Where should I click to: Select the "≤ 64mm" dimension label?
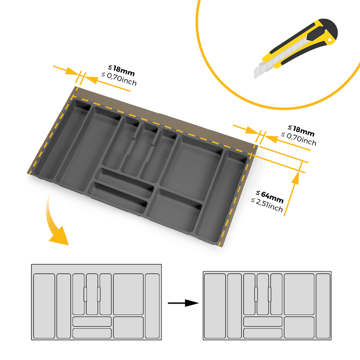pos(270,197)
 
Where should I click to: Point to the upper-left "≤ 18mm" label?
pos(121,70)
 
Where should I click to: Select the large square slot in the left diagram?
pos(128,294)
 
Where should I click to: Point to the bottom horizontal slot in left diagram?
pos(92,333)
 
